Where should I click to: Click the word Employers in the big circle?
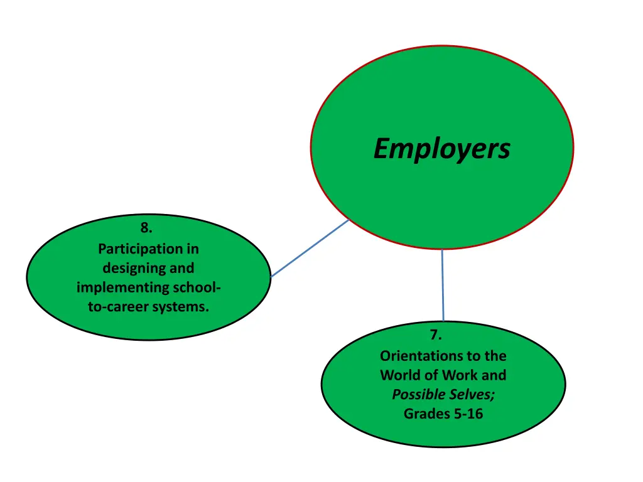pos(441,149)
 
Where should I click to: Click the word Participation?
pos(139,249)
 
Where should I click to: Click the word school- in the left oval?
pos(196,287)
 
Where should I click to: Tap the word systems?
pos(185,308)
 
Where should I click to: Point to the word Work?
pos(460,375)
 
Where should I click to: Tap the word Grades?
pos(424,414)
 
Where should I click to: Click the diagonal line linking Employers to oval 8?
pos(310,248)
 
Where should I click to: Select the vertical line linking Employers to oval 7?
pos(443,286)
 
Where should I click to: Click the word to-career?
pos(122,308)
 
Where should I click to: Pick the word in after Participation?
pos(192,249)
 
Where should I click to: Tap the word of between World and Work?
pos(431,375)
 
